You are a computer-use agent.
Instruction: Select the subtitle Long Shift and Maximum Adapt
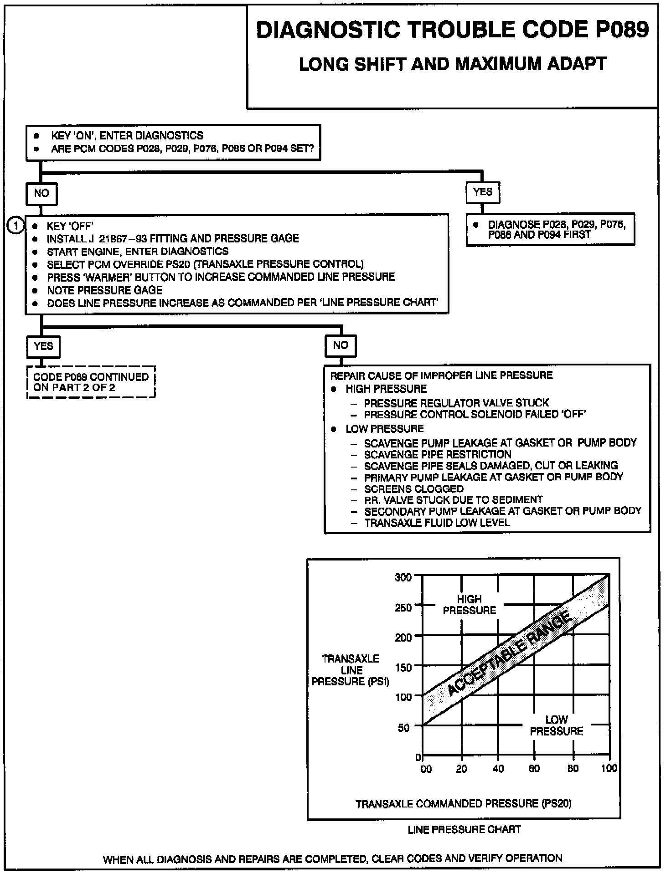click(452, 64)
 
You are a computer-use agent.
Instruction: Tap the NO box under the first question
click(41, 193)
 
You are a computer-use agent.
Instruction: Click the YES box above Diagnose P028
click(483, 192)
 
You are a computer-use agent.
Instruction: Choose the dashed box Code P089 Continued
click(91, 382)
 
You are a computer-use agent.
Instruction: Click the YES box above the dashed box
click(43, 346)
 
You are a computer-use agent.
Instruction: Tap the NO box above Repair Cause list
click(340, 345)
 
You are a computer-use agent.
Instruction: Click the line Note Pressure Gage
click(104, 290)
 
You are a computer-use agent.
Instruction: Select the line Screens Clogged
click(413, 489)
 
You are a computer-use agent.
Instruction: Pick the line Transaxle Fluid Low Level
click(437, 523)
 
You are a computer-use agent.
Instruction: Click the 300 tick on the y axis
click(403, 577)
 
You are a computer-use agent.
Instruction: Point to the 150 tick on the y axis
click(403, 667)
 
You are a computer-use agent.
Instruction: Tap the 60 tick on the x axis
click(534, 768)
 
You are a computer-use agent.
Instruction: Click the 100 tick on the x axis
click(609, 768)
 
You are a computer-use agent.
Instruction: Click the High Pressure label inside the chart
click(469, 605)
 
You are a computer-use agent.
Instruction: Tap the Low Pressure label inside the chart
click(556, 725)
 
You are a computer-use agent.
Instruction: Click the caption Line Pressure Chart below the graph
click(464, 829)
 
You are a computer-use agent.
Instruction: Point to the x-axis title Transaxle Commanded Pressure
click(463, 803)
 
